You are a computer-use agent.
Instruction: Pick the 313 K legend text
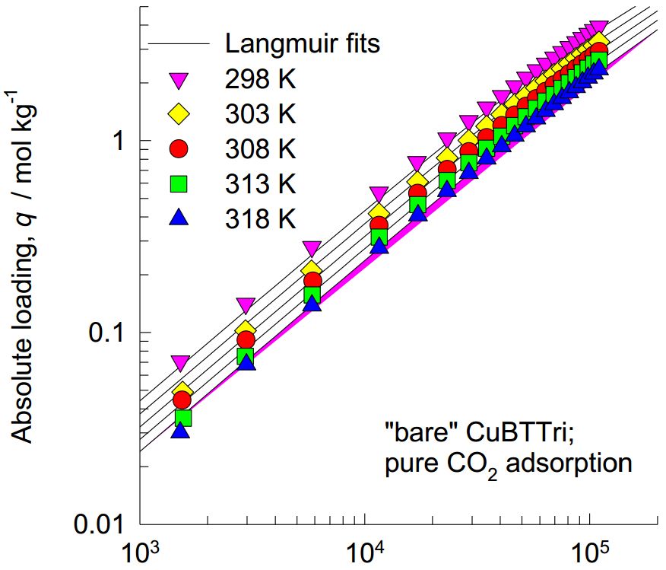click(260, 184)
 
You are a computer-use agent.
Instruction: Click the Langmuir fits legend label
click(303, 43)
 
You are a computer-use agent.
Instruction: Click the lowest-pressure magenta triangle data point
click(180, 362)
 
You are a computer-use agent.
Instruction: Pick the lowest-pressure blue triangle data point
click(180, 431)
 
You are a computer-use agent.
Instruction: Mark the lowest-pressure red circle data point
click(182, 400)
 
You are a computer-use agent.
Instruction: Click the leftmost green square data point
click(182, 417)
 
